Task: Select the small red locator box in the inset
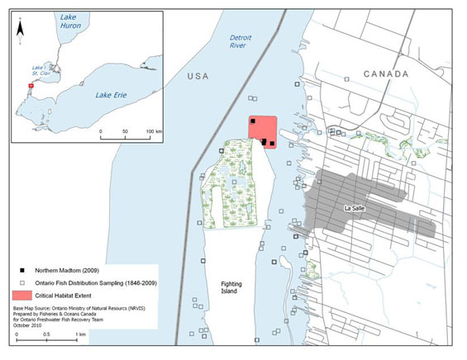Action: [x=31, y=85]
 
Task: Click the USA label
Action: [x=201, y=75]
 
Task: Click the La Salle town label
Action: [x=355, y=207]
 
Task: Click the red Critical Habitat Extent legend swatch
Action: [x=22, y=295]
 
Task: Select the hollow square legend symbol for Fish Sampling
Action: [x=17, y=282]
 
